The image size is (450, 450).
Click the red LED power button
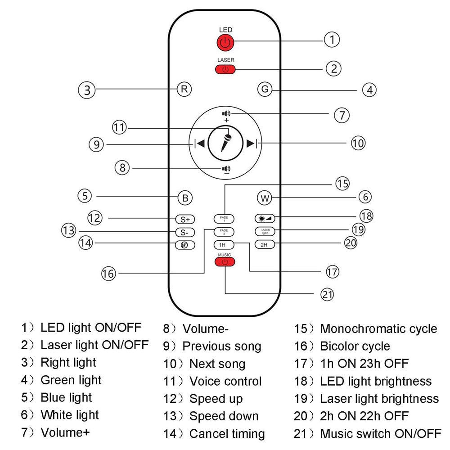click(225, 43)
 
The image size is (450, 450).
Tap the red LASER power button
click(225, 69)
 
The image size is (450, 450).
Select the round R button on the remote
click(184, 89)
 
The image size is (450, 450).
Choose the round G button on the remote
click(265, 89)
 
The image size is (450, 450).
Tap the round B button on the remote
click(184, 198)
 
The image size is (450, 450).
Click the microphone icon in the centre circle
click(225, 144)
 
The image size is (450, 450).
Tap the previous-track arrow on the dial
click(200, 144)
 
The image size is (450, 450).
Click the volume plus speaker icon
click(226, 114)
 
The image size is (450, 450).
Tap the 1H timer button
click(222, 245)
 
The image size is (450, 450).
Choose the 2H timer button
click(264, 245)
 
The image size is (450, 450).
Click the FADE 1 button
click(224, 219)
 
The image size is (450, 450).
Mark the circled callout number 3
click(87, 90)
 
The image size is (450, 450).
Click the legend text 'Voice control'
click(225, 381)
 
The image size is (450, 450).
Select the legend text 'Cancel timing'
click(227, 434)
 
